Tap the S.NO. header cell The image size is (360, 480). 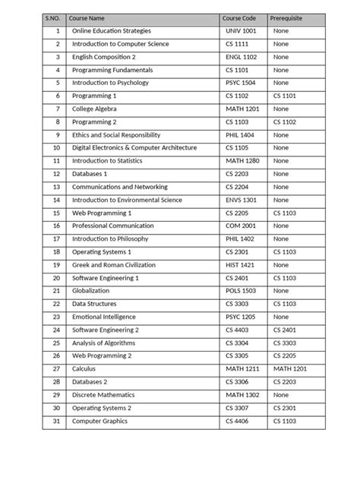[x=54, y=17]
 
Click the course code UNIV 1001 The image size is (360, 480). [x=242, y=31]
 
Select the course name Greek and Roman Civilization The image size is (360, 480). [x=113, y=265]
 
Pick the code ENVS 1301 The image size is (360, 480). [x=242, y=200]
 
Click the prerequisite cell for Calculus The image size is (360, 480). [x=290, y=369]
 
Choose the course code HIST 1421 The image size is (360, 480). [x=241, y=265]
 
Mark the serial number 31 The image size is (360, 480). [x=56, y=421]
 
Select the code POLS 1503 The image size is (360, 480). [x=241, y=291]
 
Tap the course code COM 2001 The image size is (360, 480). [x=241, y=226]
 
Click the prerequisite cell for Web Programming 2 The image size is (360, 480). [x=285, y=355]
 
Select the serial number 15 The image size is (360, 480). [x=56, y=213]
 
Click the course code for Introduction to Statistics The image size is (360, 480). [x=242, y=161]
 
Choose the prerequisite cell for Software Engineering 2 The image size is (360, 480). [x=285, y=330]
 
